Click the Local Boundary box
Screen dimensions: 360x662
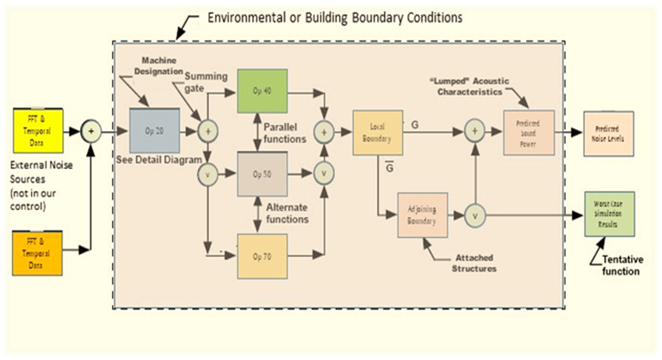point(377,132)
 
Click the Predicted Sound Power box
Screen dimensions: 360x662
point(527,132)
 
